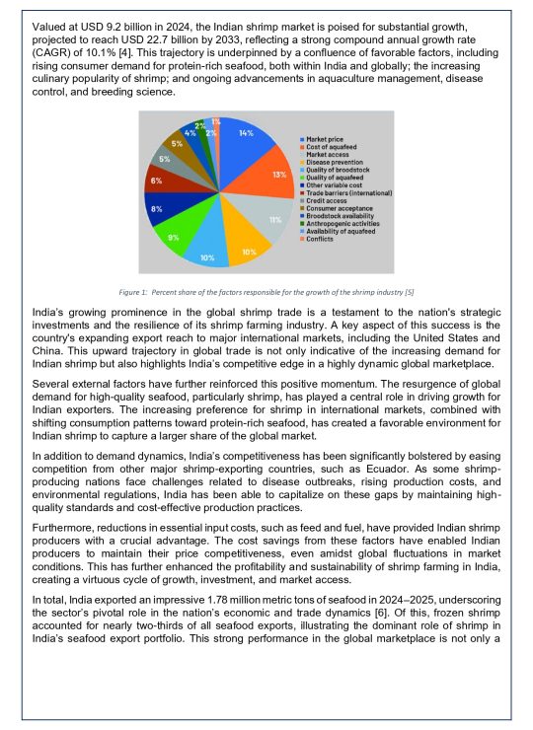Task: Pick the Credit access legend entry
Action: click(x=327, y=200)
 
